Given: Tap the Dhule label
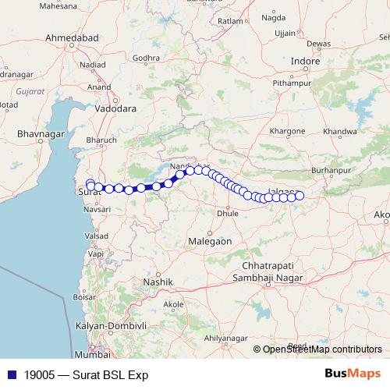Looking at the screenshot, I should tap(227, 212).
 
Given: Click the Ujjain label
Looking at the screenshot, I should tap(285, 33).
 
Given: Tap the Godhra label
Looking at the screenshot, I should tap(146, 58).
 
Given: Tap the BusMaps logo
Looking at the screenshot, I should tap(353, 374).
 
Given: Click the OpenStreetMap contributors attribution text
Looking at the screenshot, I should tap(317, 349).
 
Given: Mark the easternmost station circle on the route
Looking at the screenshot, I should tap(299, 196).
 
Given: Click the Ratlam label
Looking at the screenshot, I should tap(231, 21).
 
